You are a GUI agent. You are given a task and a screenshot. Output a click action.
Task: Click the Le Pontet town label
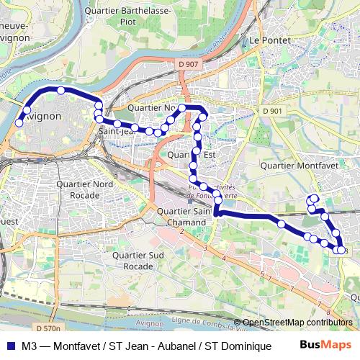pos(269,41)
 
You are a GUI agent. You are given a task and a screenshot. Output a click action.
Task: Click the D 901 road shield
pos(273,111)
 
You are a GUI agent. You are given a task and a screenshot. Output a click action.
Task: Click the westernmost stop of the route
pos(19,123)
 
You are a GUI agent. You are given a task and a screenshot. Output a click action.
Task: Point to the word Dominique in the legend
pos(246,346)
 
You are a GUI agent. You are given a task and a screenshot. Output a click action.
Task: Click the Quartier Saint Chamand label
pos(184,217)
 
